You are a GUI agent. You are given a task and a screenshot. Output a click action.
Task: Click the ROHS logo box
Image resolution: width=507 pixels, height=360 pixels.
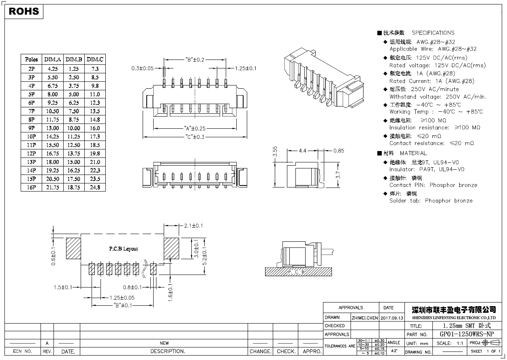point(24,11)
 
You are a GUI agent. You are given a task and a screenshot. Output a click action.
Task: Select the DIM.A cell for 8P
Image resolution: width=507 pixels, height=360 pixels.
point(53,119)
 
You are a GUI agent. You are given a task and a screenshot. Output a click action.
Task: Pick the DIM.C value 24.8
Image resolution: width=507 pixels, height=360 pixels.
point(95,187)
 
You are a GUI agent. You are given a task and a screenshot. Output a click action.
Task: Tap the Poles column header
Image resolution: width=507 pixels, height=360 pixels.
point(31,60)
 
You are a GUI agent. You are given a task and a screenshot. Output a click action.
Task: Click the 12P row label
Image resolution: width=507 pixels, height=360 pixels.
point(31,153)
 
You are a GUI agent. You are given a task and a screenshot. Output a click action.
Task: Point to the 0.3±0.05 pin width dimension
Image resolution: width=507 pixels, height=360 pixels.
point(143,68)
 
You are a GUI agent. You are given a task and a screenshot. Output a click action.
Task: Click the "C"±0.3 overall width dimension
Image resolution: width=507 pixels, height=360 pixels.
point(195,136)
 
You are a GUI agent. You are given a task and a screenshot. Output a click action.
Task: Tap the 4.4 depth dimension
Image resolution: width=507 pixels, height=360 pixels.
point(302,151)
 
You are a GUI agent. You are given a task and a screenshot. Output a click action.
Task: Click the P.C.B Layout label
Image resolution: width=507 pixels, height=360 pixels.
point(123,249)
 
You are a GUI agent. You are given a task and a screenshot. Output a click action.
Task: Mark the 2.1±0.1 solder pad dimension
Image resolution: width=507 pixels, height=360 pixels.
point(193,226)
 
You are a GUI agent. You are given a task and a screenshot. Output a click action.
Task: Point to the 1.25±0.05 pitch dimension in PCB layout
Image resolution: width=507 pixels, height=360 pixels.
point(122,298)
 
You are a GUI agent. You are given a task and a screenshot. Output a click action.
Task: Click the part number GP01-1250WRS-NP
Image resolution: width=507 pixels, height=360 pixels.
point(466,334)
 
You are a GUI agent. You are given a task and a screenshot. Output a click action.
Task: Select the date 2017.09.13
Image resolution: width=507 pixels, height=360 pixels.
point(392,317)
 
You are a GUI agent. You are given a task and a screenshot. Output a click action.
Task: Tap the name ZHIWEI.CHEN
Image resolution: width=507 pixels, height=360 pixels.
point(365,317)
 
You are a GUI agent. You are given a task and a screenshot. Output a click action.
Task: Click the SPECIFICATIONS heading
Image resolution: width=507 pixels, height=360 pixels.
point(433,33)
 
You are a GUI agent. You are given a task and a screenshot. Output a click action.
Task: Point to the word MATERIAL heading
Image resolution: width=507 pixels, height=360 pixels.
point(413,153)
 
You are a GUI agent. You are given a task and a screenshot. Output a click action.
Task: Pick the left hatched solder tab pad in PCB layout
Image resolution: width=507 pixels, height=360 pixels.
point(74,248)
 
